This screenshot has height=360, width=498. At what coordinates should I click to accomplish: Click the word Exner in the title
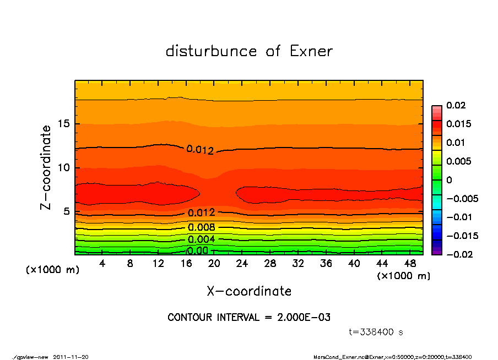pos(311,51)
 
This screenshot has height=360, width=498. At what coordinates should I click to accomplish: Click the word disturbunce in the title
pos(212,51)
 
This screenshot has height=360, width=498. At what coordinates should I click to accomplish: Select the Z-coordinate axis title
pos(46,167)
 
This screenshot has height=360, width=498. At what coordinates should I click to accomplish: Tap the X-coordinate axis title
pos(249,291)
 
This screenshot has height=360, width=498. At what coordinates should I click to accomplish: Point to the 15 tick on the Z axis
pos(64,124)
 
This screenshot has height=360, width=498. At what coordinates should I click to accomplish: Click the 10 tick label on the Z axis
pos(64,168)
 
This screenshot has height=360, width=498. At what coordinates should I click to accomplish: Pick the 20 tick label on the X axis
pos(214,264)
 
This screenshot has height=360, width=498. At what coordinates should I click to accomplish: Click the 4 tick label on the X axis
pos(102,264)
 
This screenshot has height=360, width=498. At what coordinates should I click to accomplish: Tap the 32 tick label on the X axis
pos(298,264)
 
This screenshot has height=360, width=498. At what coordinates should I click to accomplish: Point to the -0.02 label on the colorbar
pos(458,254)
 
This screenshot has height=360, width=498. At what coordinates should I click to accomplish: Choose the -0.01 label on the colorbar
pos(458,217)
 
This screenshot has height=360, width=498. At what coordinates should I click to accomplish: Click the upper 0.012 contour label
pos(200,150)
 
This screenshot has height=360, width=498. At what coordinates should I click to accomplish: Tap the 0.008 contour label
pos(201,227)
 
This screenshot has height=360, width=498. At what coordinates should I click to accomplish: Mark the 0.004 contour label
pos(201,239)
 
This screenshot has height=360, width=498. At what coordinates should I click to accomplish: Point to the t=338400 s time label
pos(376,332)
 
